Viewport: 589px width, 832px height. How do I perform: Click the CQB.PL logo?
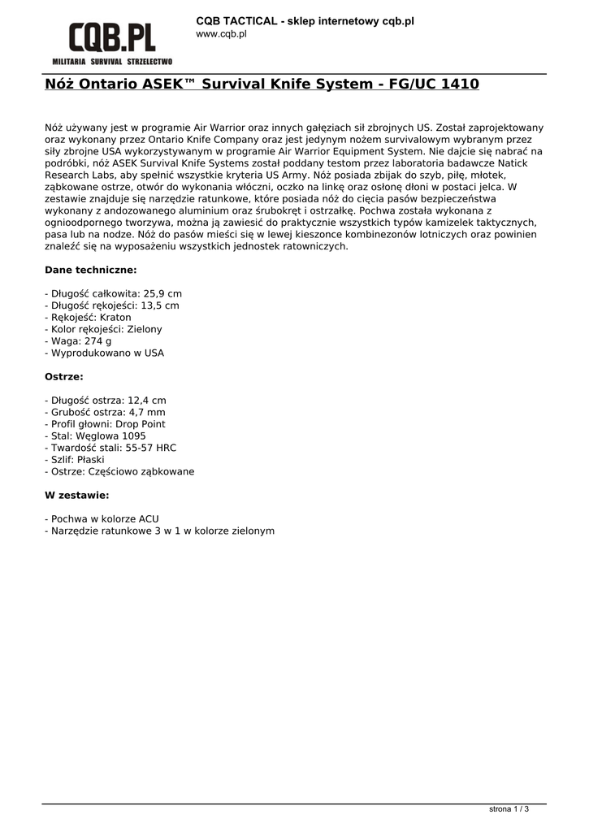click(x=112, y=37)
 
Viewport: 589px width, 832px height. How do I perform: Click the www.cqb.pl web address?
click(x=221, y=34)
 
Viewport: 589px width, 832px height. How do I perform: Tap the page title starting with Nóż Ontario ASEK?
click(x=262, y=84)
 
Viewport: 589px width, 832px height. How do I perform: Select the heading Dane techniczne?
click(x=90, y=270)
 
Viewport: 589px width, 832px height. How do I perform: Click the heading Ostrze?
click(x=63, y=377)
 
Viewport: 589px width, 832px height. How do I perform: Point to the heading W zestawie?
click(x=76, y=495)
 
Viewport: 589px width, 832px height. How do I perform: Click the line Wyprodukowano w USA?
click(x=104, y=353)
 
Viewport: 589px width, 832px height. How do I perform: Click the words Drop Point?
click(x=141, y=424)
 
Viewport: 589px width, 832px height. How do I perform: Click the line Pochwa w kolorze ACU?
click(x=102, y=518)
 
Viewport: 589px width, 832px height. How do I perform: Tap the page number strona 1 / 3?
click(x=509, y=809)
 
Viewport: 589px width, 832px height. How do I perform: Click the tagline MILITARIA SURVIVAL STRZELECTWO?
click(x=112, y=61)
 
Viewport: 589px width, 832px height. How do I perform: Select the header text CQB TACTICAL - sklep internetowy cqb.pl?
click(x=305, y=20)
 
